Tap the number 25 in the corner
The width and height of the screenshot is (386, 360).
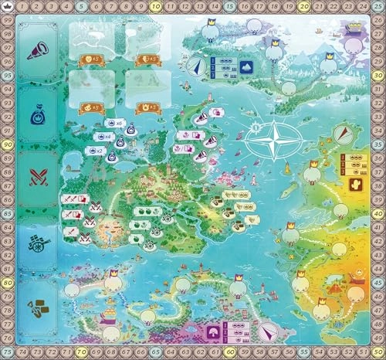point(378,7)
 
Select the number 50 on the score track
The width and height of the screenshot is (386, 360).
point(378,353)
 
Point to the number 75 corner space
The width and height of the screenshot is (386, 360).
point(7,353)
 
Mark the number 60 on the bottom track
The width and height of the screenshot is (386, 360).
point(230,353)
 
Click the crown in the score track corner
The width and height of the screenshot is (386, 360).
point(7,7)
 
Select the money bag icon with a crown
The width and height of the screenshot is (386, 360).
point(37,115)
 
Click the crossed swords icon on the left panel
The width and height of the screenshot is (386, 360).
point(37,178)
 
